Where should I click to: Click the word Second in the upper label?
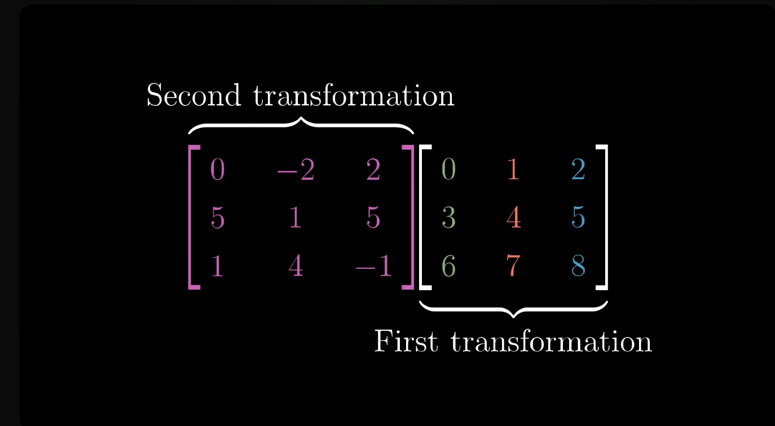pos(193,95)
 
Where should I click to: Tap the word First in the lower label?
pos(406,341)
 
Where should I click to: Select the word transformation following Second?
pos(354,95)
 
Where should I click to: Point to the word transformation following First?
pos(551,341)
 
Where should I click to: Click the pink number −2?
pos(296,170)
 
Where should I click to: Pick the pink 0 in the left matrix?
pos(217,170)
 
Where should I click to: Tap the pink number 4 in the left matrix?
pos(296,267)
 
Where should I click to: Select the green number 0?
pos(448,170)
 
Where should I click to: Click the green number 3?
pos(448,218)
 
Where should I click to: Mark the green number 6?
pos(448,267)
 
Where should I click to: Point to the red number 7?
pos(513,267)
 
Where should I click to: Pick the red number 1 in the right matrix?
pos(513,170)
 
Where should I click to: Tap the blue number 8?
pos(578,267)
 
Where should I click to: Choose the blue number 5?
pos(578,218)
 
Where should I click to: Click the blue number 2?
pos(578,170)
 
